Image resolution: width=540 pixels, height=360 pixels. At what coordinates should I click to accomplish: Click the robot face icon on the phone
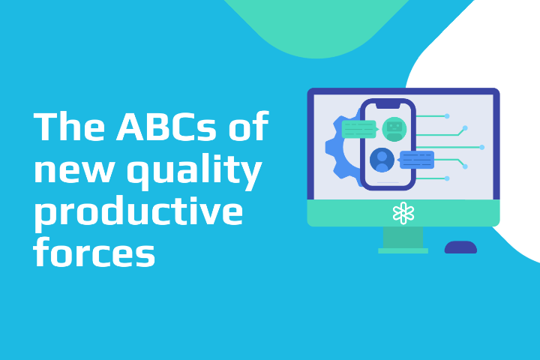394,129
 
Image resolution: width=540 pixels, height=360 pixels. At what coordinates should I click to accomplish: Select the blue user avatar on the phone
382,159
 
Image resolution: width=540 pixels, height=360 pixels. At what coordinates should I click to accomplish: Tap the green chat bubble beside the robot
358,129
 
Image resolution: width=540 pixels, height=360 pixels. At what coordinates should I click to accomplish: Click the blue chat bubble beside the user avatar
417,159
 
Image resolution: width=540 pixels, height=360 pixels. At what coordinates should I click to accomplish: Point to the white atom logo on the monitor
403,213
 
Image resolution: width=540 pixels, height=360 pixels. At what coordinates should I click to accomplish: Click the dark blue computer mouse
460,247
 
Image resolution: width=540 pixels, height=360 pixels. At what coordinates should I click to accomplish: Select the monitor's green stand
403,238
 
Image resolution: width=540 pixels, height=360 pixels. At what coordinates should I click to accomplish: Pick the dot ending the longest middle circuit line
481,147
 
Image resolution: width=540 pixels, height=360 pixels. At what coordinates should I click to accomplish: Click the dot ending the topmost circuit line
447,116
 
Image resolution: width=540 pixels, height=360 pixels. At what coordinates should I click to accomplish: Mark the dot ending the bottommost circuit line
447,178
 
